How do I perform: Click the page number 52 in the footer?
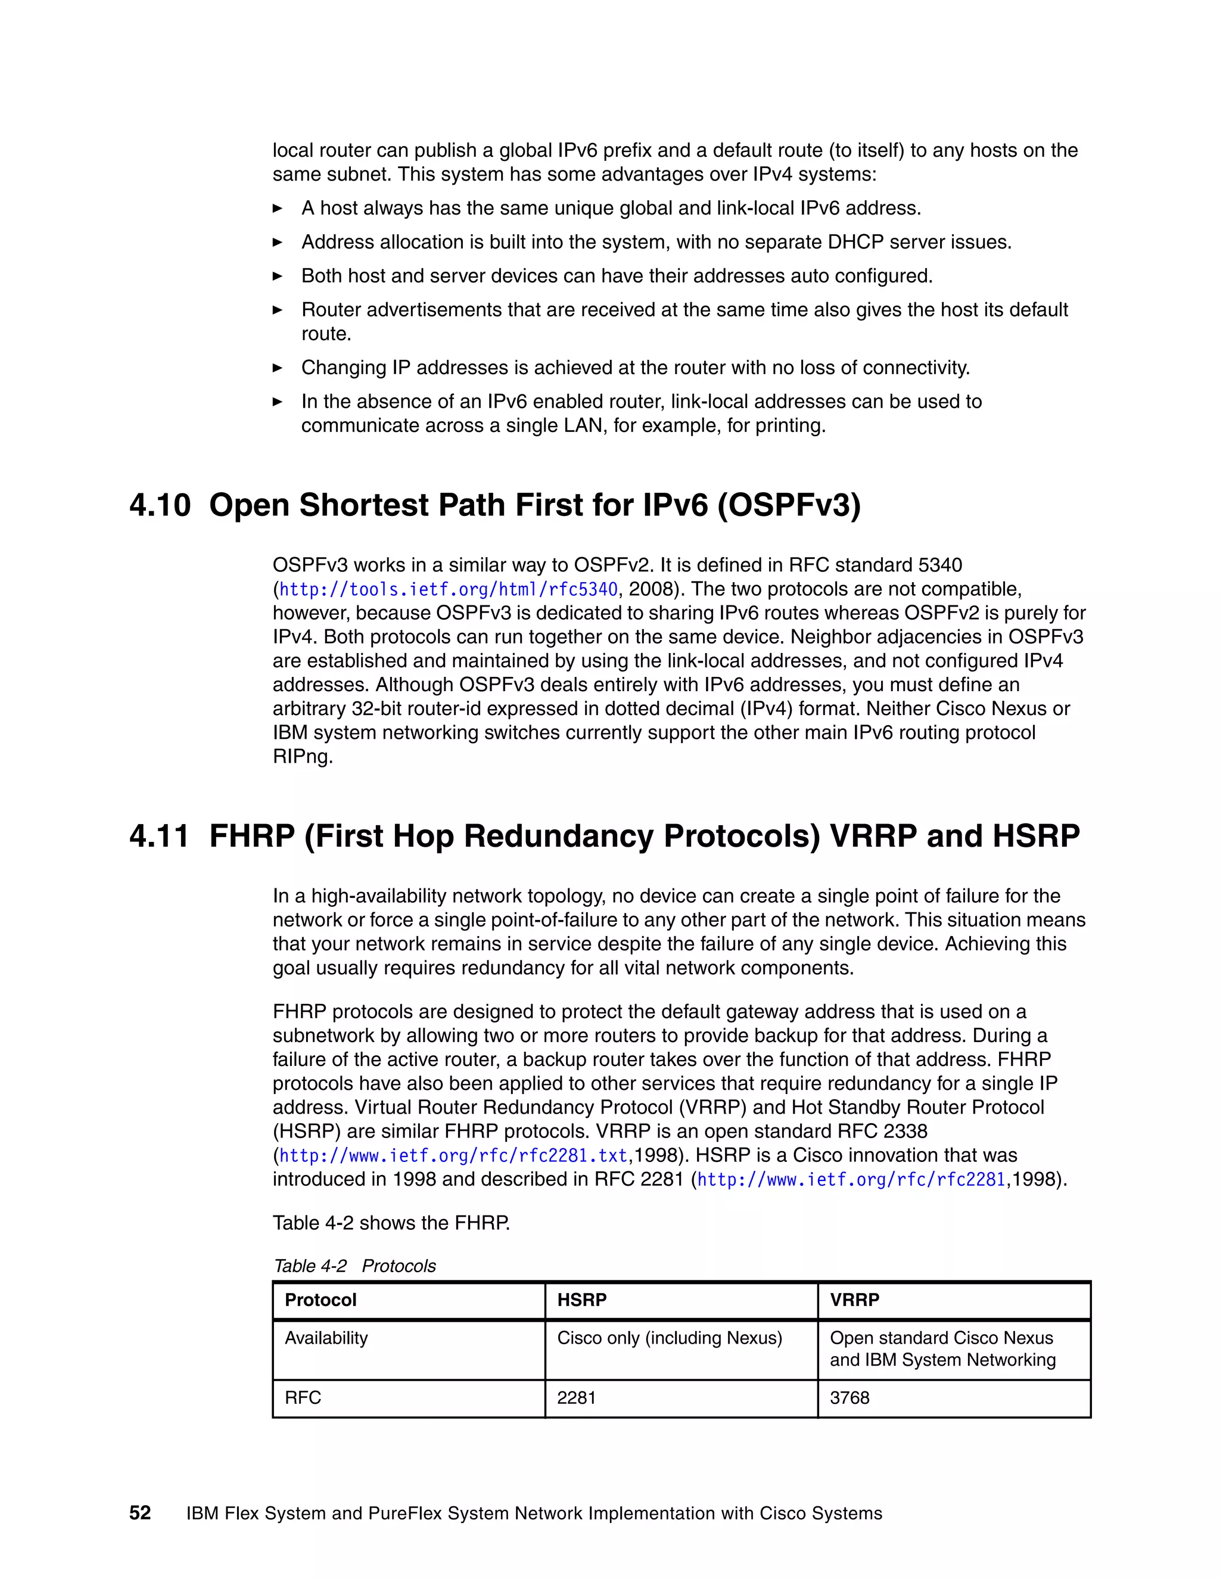pyautogui.click(x=140, y=1512)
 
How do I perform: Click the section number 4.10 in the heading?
pyautogui.click(x=160, y=505)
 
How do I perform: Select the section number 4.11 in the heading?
pyautogui.click(x=159, y=836)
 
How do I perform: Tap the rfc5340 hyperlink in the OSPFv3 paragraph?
pyautogui.click(x=448, y=589)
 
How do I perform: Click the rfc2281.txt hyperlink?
pyautogui.click(x=453, y=1155)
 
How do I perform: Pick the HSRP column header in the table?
pyautogui.click(x=582, y=1300)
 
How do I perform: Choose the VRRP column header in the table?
pyautogui.click(x=854, y=1300)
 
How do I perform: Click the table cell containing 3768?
pyautogui.click(x=849, y=1397)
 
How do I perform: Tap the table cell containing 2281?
pyautogui.click(x=576, y=1397)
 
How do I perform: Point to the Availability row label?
pyautogui.click(x=326, y=1338)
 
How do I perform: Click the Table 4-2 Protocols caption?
pyautogui.click(x=354, y=1266)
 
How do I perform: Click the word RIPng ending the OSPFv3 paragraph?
pyautogui.click(x=302, y=757)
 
